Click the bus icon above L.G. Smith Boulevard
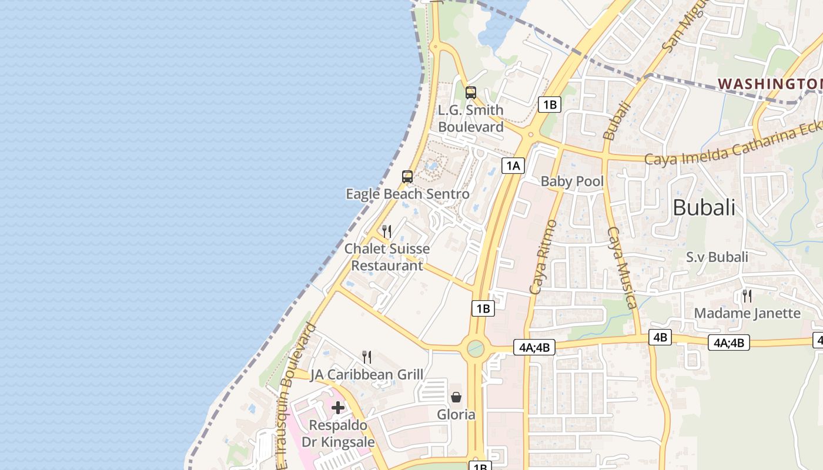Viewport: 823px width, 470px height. pos(470,92)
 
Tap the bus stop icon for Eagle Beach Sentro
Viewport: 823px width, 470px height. pos(407,176)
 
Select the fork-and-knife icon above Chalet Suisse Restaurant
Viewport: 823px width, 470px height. pos(387,231)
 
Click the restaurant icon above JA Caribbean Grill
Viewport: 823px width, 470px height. pos(367,357)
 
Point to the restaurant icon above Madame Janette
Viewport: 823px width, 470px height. pos(747,296)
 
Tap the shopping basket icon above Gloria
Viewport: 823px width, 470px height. pos(456,397)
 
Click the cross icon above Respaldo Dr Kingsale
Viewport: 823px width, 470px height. pos(338,407)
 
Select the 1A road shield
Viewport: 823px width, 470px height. pos(513,166)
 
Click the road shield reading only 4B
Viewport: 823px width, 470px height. pos(660,337)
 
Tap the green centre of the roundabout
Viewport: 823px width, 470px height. pos(476,349)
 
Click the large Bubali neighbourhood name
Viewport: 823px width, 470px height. pos(704,207)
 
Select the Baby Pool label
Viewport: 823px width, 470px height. pos(572,181)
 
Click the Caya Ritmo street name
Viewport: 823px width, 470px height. pos(543,257)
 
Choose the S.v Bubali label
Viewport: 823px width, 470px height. pos(717,257)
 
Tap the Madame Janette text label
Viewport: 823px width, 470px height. pos(747,313)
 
